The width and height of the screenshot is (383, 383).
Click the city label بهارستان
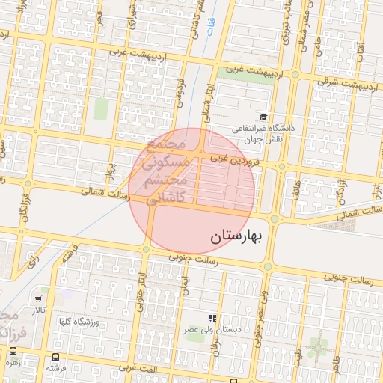(233, 238)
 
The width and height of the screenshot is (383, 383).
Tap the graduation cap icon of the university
(263, 117)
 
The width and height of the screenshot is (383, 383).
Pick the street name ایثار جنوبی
(140, 292)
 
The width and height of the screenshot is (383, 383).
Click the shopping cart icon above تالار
(37, 299)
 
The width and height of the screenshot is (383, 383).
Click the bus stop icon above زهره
(13, 351)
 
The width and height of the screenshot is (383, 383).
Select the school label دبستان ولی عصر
(212, 329)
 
